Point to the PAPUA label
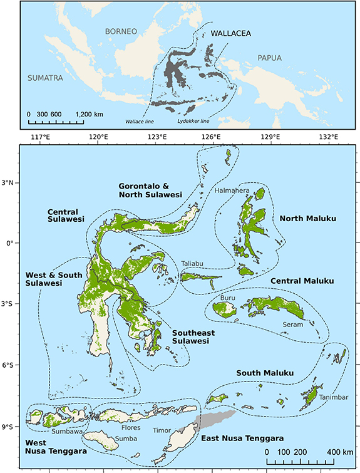pos(266,58)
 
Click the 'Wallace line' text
pos(140,120)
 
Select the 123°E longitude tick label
pos(157,137)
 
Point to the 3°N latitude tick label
pos(11,183)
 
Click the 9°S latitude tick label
pos(11,427)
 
